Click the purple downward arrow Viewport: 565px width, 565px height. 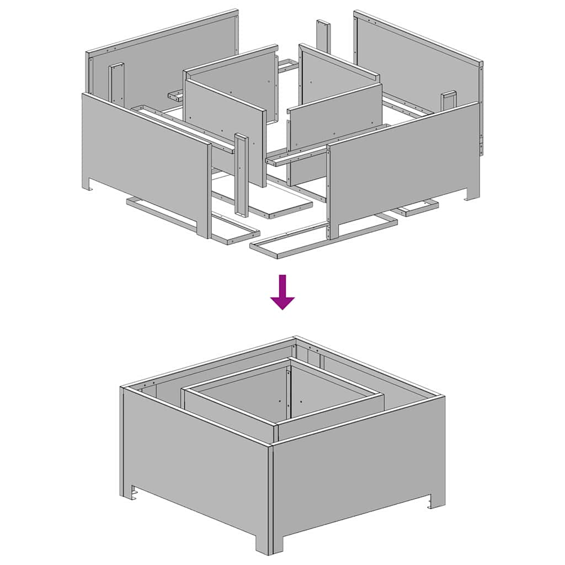(282, 293)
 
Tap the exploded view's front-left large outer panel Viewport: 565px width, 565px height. (143, 160)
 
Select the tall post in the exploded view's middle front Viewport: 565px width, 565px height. (241, 174)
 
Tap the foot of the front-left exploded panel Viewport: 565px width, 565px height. (88, 185)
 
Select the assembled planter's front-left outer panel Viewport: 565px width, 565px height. (193, 463)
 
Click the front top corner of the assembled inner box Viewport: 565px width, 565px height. (276, 425)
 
